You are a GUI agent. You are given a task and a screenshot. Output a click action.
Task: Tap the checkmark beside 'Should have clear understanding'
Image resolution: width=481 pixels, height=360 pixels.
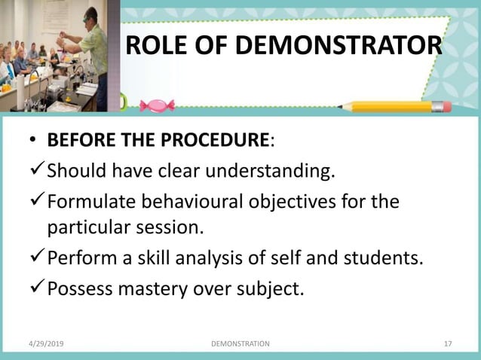tap(37, 170)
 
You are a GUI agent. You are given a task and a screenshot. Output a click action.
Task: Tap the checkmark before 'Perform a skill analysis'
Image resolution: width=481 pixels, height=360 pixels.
tap(37, 259)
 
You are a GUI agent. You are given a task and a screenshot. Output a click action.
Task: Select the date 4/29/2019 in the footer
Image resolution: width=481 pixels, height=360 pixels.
tap(47, 343)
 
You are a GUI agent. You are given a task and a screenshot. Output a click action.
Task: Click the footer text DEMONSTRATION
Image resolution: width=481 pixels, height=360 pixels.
tap(240, 343)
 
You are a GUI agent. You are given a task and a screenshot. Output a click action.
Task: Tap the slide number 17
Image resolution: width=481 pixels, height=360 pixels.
tap(448, 343)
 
